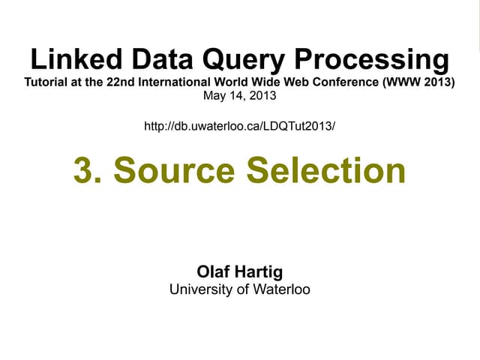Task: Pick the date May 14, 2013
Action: point(240,96)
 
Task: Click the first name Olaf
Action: point(212,271)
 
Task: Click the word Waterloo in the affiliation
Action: point(279,289)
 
